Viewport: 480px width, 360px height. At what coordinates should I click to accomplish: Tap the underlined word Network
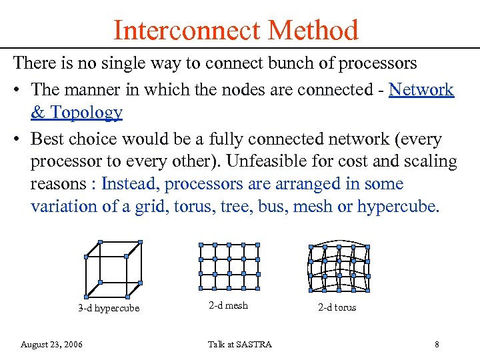point(421,89)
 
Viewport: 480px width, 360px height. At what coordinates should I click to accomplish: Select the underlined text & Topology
point(77,112)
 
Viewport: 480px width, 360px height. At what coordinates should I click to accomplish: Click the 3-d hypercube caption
point(109,308)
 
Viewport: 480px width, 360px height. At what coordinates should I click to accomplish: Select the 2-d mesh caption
point(228,305)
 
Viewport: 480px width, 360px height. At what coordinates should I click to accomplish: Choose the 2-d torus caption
point(337,307)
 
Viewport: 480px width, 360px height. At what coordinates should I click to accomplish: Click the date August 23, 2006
point(52,344)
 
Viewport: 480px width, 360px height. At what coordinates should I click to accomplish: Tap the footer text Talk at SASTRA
point(239,344)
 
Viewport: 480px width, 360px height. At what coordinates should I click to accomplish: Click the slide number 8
point(437,344)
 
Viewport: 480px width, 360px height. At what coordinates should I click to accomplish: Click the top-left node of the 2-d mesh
point(201,245)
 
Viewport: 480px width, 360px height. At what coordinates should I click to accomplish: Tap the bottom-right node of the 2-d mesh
point(258,288)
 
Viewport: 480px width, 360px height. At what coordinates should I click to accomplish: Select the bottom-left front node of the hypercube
point(86,297)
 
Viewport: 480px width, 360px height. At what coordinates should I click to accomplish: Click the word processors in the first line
point(378,64)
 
